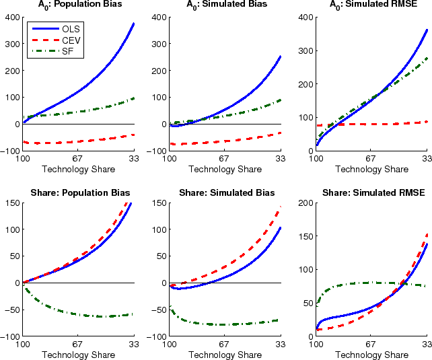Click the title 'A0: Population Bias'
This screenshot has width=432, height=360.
(x=79, y=5)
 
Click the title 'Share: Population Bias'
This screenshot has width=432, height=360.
(x=79, y=193)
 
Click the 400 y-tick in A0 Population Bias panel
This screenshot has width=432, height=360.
(x=12, y=16)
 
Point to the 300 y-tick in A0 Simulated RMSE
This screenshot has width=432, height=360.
(x=304, y=50)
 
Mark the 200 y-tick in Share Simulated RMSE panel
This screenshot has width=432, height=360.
(x=304, y=203)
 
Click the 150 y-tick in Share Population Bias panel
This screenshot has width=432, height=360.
(x=12, y=203)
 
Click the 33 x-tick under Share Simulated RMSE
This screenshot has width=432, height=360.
(x=427, y=345)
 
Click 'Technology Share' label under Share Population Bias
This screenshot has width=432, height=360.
(x=79, y=355)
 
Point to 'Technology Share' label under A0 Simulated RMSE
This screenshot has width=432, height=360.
(x=371, y=168)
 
